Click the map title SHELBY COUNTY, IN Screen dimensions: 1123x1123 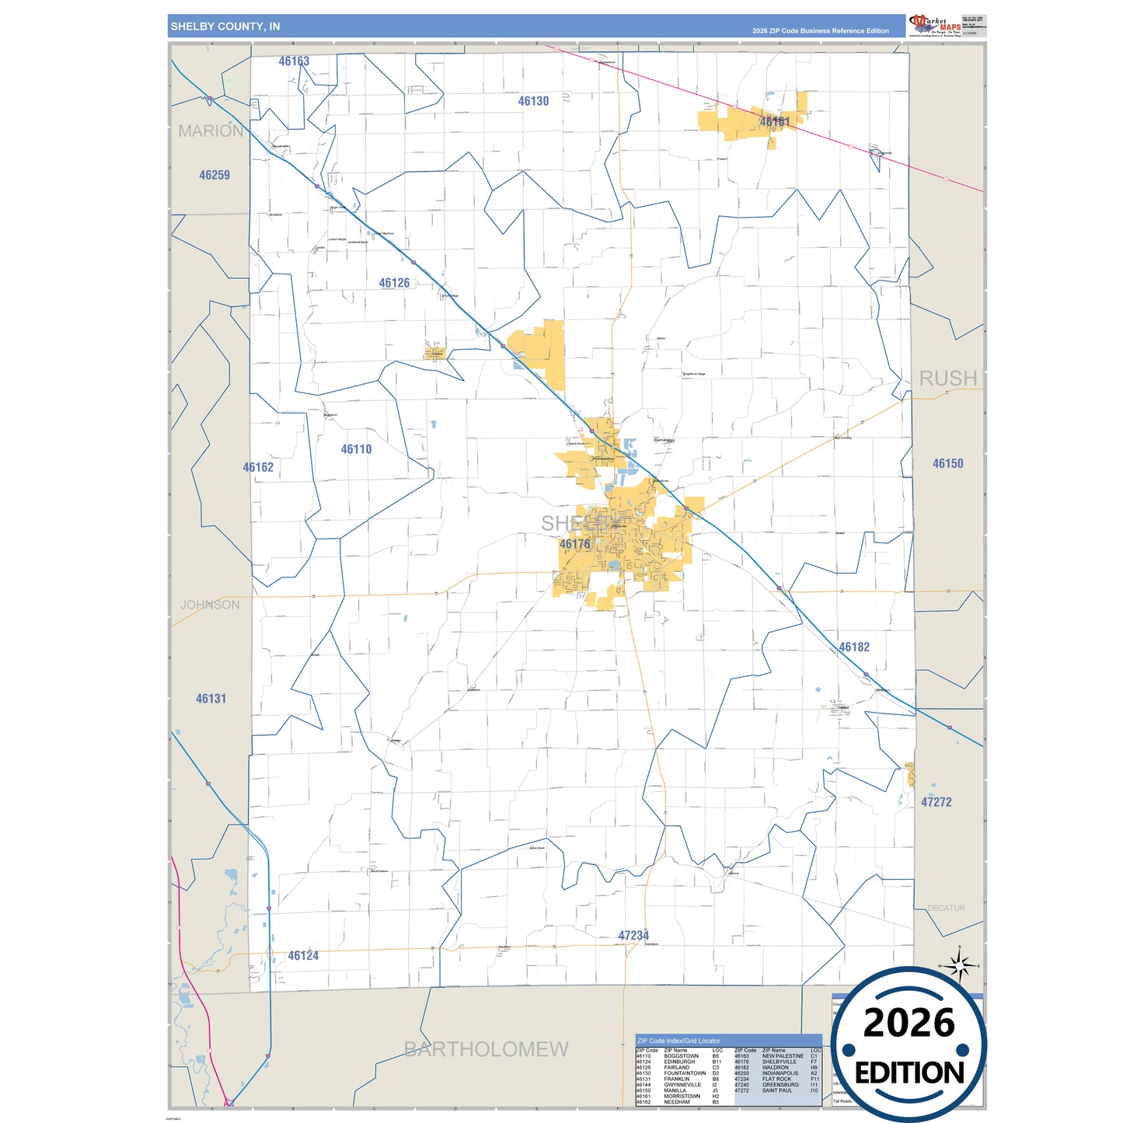pos(225,26)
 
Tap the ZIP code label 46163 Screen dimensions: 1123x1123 pos(294,61)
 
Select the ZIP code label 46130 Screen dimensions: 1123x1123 pos(533,101)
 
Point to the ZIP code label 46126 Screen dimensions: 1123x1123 pos(394,283)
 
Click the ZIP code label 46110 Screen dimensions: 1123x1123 pos(356,449)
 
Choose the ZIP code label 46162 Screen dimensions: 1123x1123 pos(258,467)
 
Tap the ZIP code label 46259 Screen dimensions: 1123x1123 pos(214,176)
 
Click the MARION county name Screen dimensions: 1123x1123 pos(211,131)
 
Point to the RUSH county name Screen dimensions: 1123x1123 pos(947,378)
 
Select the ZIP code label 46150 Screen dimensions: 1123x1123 pos(947,464)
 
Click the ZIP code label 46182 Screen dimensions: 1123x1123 pos(853,647)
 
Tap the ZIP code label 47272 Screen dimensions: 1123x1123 pos(936,802)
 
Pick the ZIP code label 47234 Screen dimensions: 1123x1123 pos(633,936)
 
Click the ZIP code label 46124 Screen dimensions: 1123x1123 pos(303,956)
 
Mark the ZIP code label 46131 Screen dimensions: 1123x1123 pos(211,699)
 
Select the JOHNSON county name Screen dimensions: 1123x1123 pos(210,605)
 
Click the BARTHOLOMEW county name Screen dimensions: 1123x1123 pos(486,1049)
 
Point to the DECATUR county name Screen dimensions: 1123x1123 pos(946,908)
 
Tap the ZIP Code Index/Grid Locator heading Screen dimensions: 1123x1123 pos(678,1041)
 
